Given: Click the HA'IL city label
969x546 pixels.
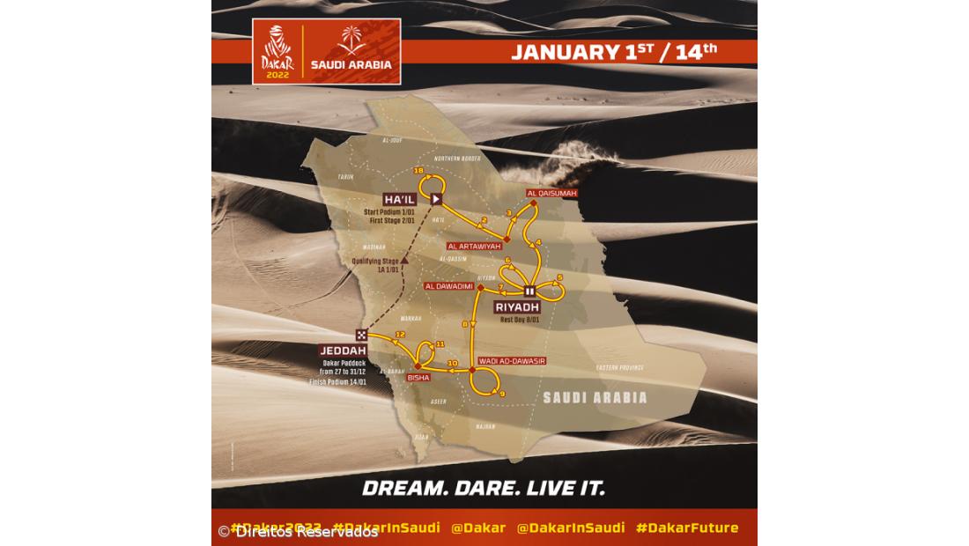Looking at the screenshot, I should click(400, 199).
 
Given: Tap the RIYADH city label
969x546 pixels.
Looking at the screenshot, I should click(517, 306).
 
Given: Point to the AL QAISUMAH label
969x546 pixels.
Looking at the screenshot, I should click(551, 192).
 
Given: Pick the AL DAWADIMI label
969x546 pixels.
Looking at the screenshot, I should click(449, 286).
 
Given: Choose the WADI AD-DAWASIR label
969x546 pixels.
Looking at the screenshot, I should click(512, 361).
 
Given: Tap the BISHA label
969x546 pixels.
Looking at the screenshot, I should click(418, 377).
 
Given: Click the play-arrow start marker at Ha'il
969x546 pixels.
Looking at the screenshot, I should click(435, 199).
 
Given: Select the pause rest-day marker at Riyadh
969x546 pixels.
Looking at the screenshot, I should click(529, 291).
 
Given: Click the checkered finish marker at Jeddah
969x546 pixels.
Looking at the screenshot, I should click(362, 335).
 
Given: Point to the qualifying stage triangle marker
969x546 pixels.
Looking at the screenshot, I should click(404, 261).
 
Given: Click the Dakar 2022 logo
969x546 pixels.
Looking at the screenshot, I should click(277, 51).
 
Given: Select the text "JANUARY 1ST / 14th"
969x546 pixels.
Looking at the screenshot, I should click(614, 51).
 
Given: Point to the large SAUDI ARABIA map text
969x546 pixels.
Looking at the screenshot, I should click(595, 397).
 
